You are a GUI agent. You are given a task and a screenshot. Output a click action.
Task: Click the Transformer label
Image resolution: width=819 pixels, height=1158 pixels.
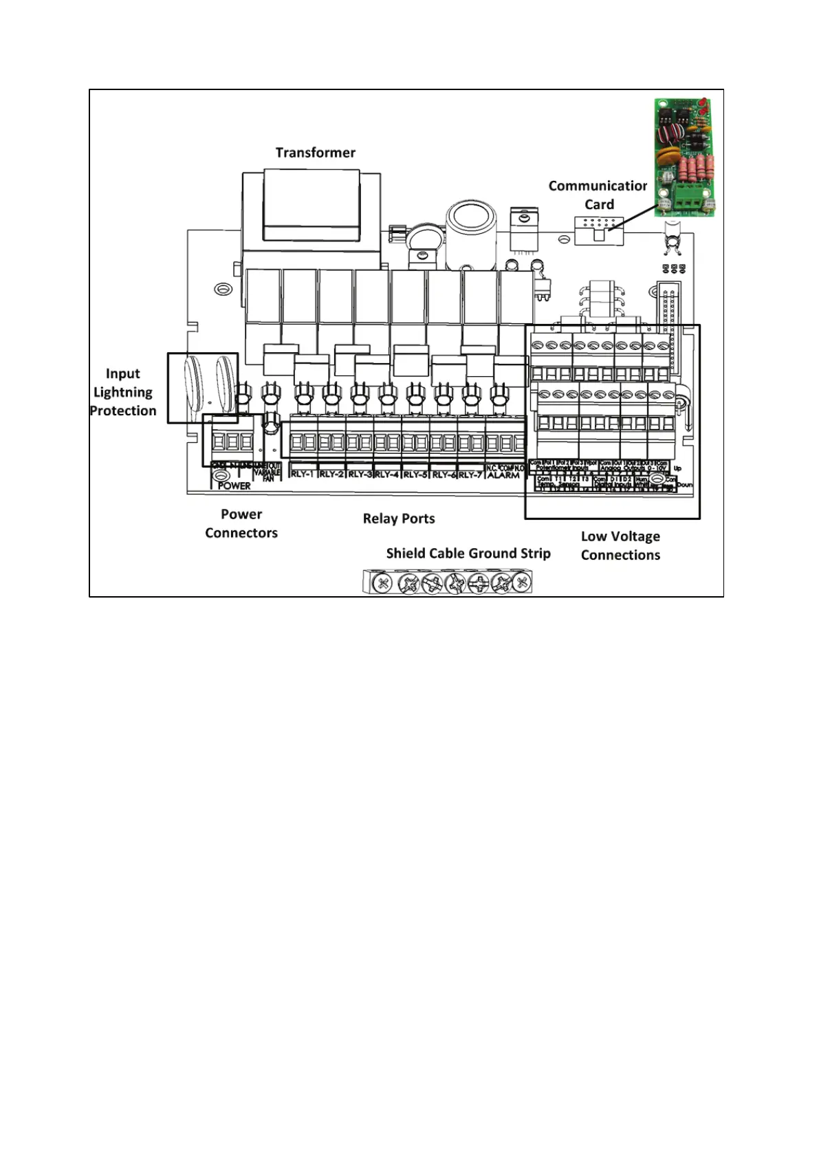pyautogui.click(x=315, y=153)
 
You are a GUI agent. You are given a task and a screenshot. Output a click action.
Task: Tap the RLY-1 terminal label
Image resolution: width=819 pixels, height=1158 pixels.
pyautogui.click(x=303, y=474)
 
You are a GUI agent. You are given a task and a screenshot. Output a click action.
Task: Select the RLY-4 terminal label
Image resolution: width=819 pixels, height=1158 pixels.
pyautogui.click(x=387, y=474)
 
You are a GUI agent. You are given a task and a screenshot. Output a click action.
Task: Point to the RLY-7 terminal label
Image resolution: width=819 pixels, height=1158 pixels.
pyautogui.click(x=471, y=474)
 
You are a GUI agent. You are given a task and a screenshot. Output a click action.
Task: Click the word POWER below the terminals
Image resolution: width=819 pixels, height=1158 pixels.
pyautogui.click(x=234, y=485)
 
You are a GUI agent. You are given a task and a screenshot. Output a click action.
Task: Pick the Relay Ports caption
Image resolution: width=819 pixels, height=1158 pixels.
pyautogui.click(x=399, y=518)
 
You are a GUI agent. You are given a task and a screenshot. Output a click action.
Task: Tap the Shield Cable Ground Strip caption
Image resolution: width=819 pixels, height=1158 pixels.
pyautogui.click(x=468, y=554)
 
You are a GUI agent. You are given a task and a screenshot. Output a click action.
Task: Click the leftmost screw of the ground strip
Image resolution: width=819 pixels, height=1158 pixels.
pyautogui.click(x=383, y=584)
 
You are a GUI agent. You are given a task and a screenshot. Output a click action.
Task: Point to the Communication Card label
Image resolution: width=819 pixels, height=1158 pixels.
pyautogui.click(x=598, y=195)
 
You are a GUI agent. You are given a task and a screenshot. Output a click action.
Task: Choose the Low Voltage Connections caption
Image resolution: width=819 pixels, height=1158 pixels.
pyautogui.click(x=620, y=545)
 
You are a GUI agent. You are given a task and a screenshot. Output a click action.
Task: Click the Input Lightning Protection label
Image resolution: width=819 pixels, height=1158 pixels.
pyautogui.click(x=123, y=392)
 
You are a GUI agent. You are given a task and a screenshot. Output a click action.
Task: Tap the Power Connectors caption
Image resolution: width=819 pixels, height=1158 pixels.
pyautogui.click(x=241, y=523)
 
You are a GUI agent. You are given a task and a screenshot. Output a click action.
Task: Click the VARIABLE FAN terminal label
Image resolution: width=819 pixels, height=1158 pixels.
pyautogui.click(x=267, y=472)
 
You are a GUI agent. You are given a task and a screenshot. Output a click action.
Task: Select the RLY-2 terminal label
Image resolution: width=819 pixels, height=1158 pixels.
pyautogui.click(x=331, y=474)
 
